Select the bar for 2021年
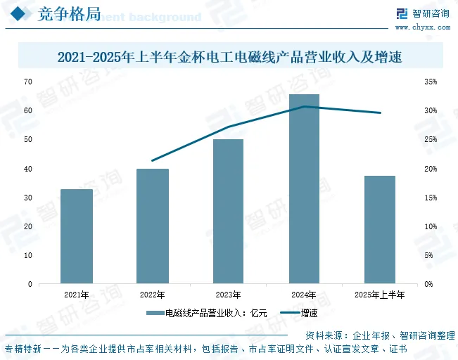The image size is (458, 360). (77, 236)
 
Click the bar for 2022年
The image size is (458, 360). (153, 226)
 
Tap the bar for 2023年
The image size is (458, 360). (228, 211)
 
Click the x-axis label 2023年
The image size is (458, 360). (228, 295)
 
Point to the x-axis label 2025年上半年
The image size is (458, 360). (380, 295)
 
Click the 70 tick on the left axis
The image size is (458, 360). (28, 82)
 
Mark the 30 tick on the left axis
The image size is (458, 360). (28, 198)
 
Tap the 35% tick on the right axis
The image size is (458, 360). (431, 82)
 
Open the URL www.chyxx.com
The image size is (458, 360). (422, 27)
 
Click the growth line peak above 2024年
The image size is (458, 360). (304, 107)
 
